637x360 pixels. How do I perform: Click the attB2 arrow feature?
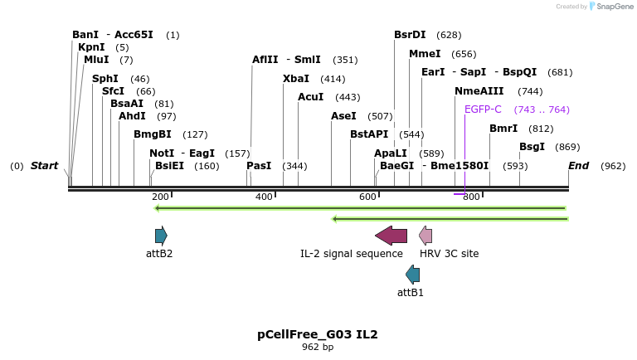click(161, 236)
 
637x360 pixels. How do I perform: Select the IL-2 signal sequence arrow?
click(391, 236)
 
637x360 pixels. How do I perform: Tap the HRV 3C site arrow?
click(425, 236)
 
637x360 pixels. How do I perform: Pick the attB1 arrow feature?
click(412, 275)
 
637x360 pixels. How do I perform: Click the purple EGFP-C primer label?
click(483, 109)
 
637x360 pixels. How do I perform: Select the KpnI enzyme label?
click(91, 47)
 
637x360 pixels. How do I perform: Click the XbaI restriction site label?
click(296, 79)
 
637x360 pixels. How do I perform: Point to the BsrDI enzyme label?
click(410, 35)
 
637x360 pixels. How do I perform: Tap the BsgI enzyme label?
click(532, 147)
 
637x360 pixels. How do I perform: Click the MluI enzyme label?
click(96, 60)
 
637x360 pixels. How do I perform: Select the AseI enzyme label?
click(343, 116)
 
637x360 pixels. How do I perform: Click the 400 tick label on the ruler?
click(264, 197)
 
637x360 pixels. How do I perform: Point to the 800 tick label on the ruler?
click(471, 197)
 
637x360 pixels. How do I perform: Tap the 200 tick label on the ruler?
click(160, 197)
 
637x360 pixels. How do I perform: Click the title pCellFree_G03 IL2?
click(318, 334)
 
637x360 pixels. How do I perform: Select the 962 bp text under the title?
click(318, 347)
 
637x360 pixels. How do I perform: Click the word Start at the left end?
click(44, 166)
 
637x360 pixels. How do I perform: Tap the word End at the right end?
click(578, 166)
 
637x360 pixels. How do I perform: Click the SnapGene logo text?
click(615, 7)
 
